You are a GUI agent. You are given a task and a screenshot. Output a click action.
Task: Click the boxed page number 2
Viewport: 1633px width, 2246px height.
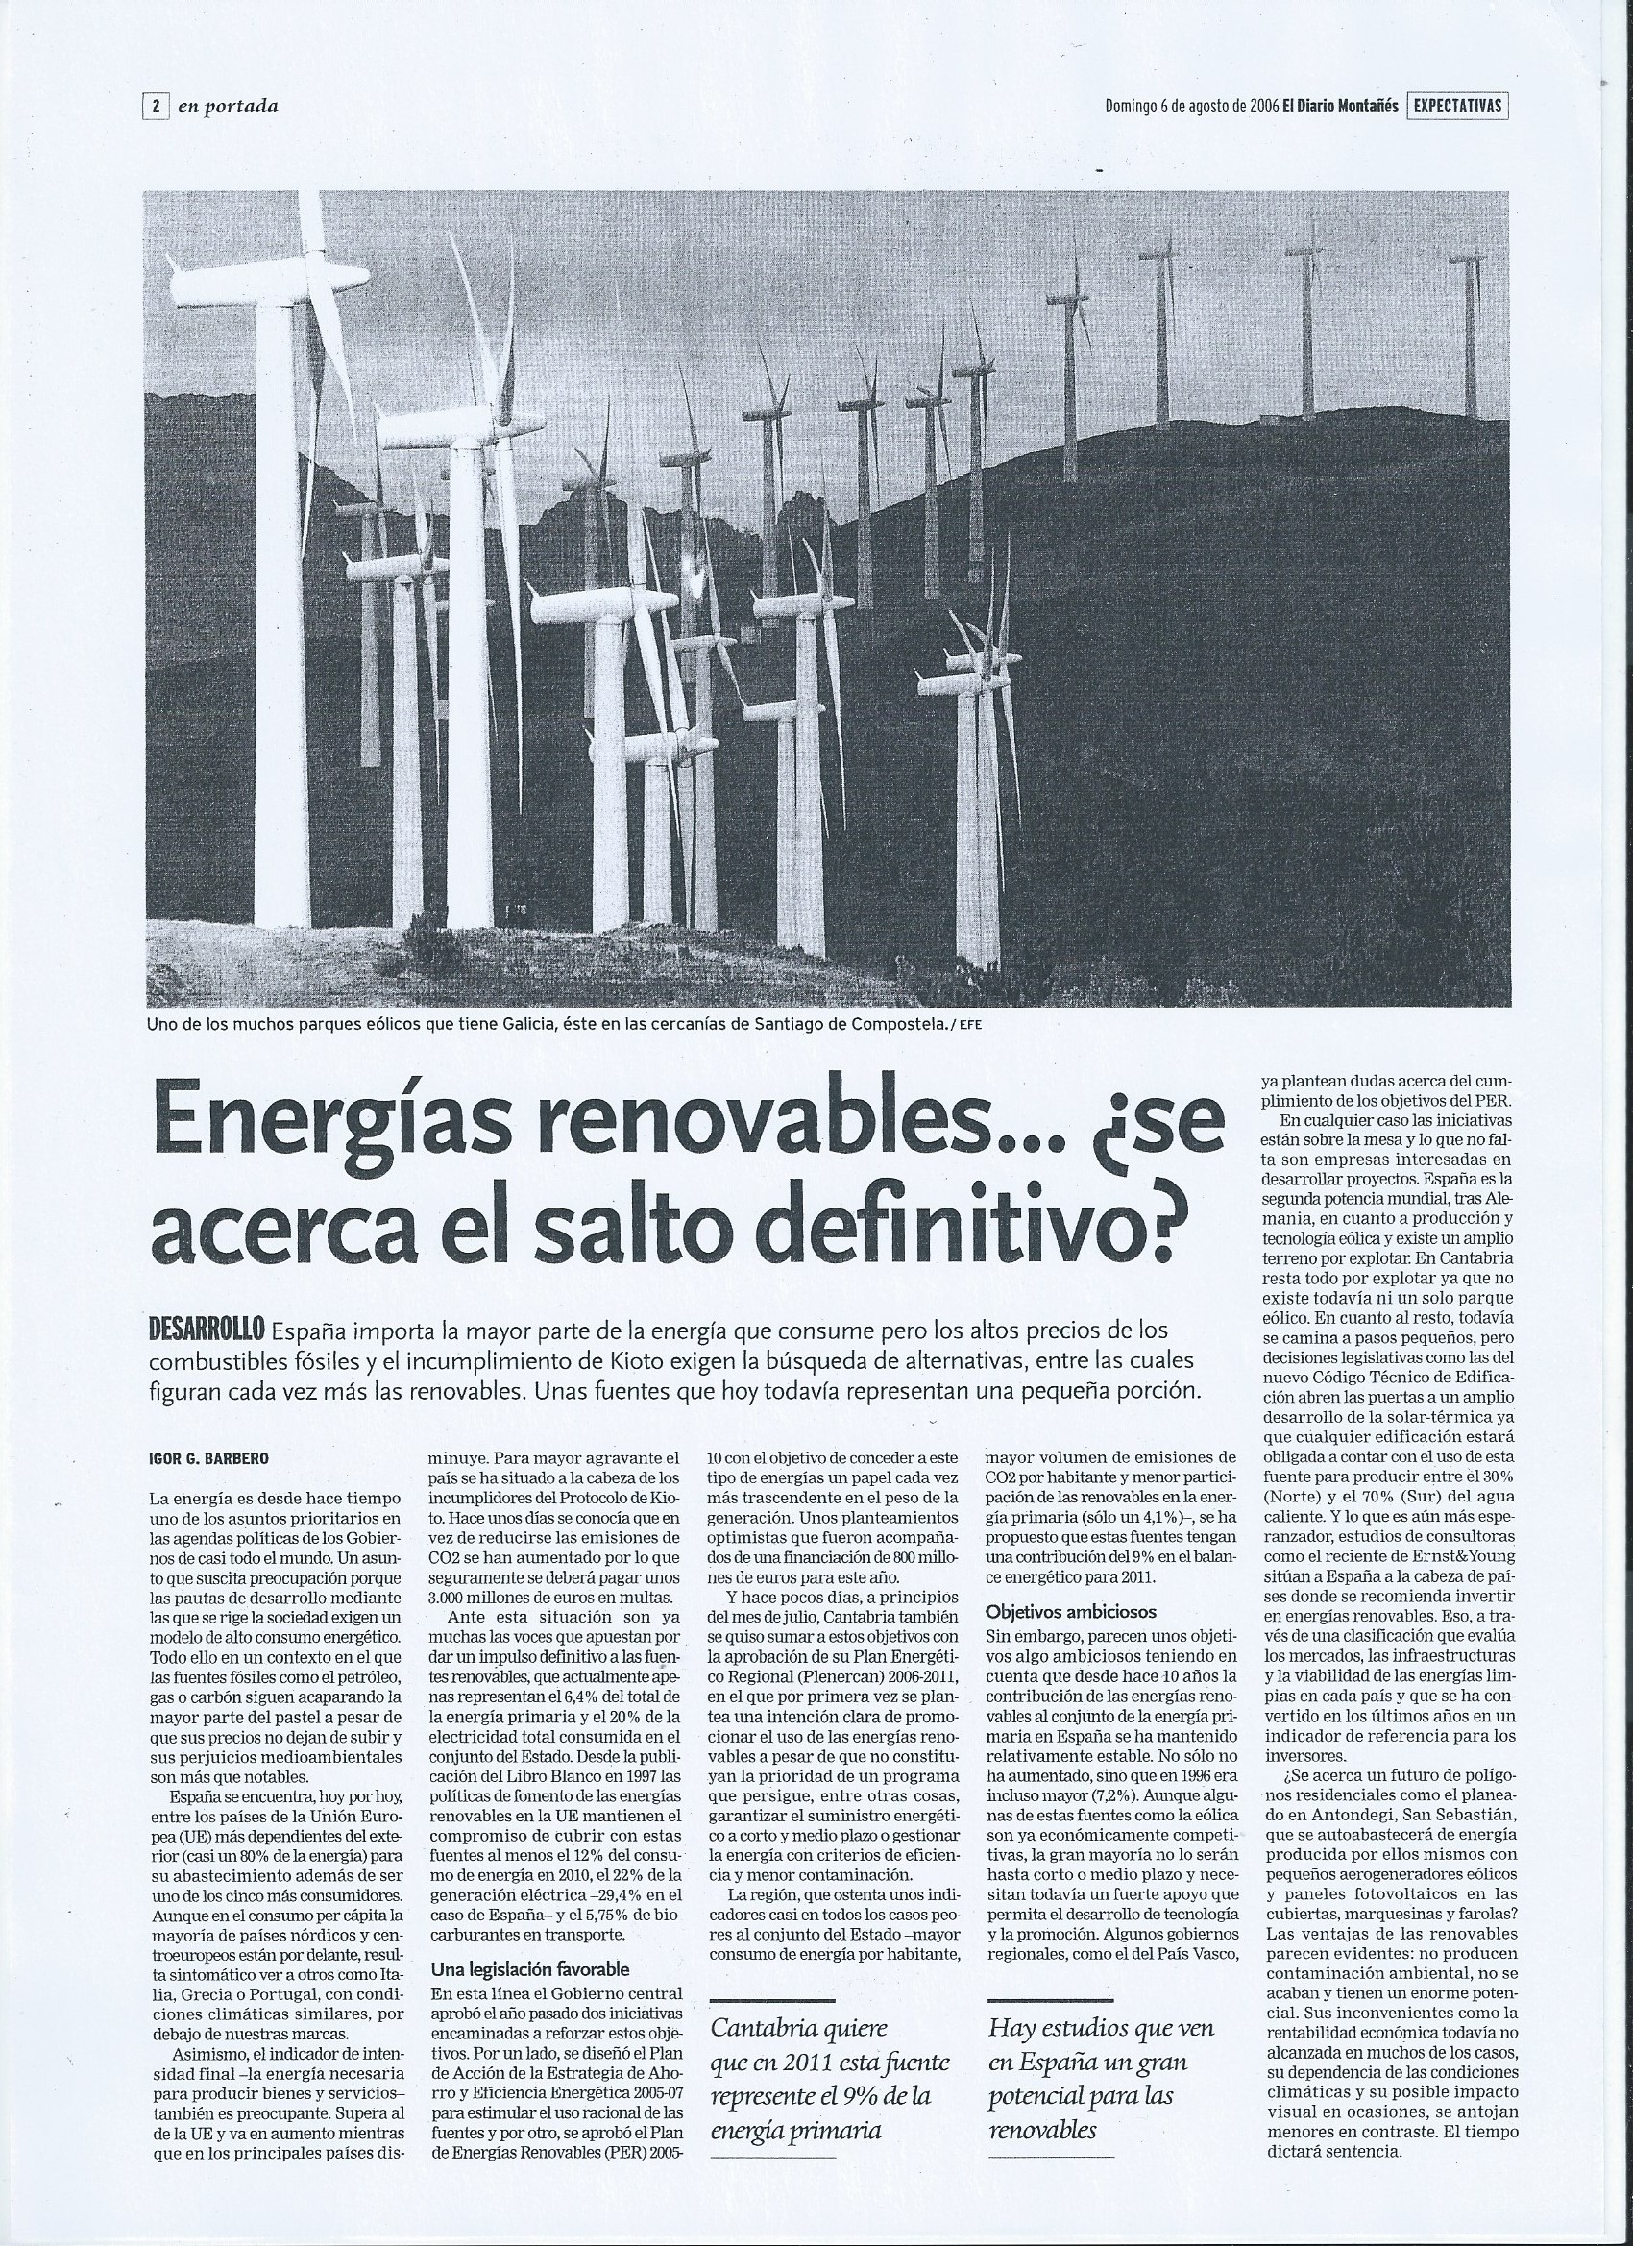coord(157,106)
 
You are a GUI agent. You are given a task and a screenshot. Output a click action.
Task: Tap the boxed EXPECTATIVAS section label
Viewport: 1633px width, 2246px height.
coord(1458,106)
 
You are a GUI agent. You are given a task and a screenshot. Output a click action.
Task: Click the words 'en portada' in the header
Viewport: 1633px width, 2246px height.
coord(228,107)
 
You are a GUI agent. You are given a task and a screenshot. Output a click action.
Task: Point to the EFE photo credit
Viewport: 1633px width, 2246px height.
coord(968,1025)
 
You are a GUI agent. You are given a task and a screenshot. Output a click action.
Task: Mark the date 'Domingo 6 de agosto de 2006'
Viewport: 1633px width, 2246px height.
coord(1189,106)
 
